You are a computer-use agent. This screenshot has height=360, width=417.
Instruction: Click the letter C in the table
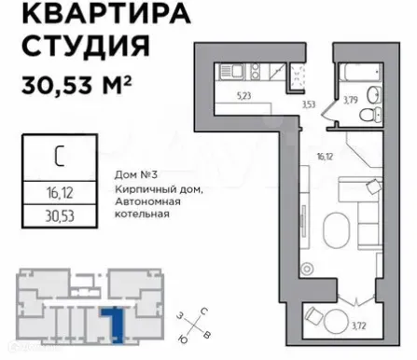58,157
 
